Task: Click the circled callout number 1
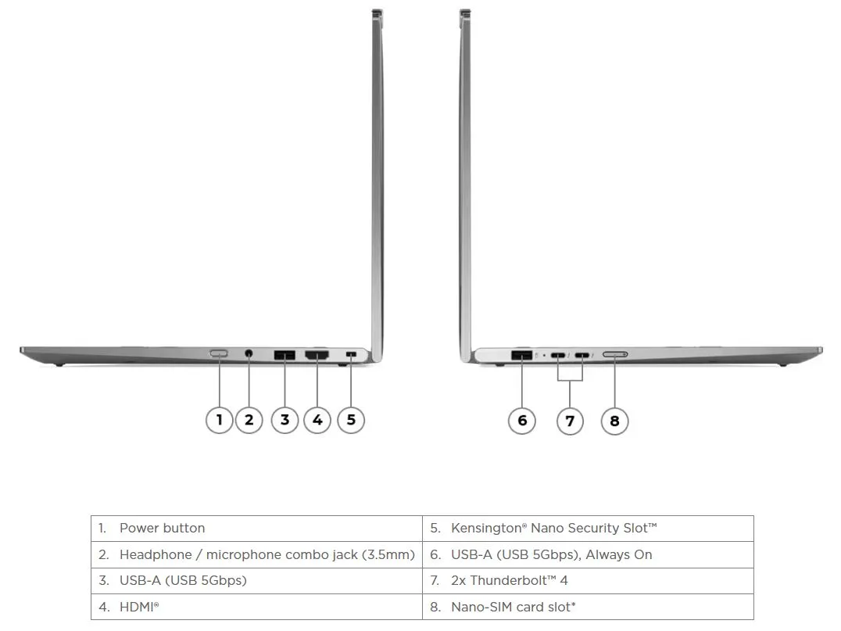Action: click(x=219, y=420)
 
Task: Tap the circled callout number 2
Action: click(x=249, y=420)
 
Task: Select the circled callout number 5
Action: click(x=351, y=420)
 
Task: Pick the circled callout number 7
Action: click(x=570, y=421)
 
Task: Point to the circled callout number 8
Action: click(x=614, y=421)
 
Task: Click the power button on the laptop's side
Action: click(x=219, y=353)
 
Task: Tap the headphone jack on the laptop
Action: click(x=249, y=353)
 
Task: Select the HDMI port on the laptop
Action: click(x=317, y=355)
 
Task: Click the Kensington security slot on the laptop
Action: click(x=351, y=354)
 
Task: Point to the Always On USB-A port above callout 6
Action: click(x=522, y=355)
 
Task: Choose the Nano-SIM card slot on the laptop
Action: click(x=615, y=355)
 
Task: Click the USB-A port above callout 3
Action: click(x=285, y=355)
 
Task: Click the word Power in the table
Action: click(x=137, y=528)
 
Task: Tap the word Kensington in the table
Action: click(x=486, y=529)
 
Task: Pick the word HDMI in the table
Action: click(x=137, y=607)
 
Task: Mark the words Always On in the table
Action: click(x=619, y=555)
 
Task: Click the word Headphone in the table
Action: click(x=156, y=555)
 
